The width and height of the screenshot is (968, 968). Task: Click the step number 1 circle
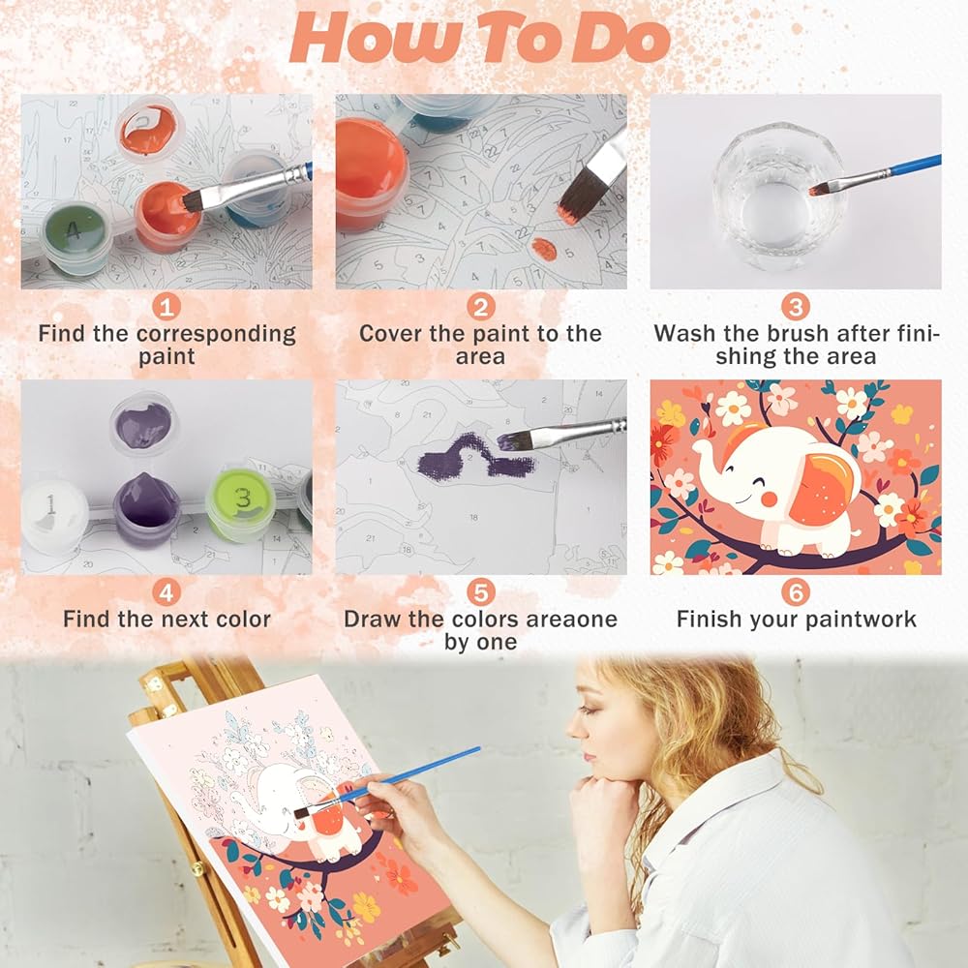click(166, 306)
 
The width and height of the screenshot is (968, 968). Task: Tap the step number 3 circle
click(796, 306)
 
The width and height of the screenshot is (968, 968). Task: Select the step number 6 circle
click(796, 592)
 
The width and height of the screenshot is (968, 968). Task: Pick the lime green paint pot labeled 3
click(241, 504)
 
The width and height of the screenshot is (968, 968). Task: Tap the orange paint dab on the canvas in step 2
click(544, 249)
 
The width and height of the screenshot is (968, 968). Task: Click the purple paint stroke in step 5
click(475, 458)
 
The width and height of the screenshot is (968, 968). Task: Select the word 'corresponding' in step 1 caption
click(216, 335)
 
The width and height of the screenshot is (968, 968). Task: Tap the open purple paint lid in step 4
click(144, 424)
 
